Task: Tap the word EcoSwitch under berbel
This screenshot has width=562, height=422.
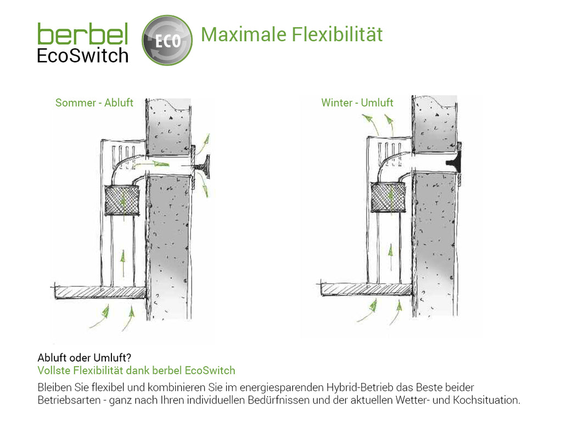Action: pyautogui.click(x=83, y=55)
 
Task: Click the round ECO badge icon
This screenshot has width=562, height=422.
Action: pyautogui.click(x=167, y=40)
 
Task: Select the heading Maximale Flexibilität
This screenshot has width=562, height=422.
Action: pyautogui.click(x=292, y=35)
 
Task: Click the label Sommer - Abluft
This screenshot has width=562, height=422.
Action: pyautogui.click(x=94, y=103)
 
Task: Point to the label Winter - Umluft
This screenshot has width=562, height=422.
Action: pyautogui.click(x=357, y=103)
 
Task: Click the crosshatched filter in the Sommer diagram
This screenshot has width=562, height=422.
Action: pyautogui.click(x=122, y=200)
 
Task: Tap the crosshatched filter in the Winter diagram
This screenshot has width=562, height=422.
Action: pyautogui.click(x=388, y=197)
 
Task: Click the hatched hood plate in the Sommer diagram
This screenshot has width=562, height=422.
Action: pyautogui.click(x=99, y=292)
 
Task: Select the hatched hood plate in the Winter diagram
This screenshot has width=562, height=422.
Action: pyautogui.click(x=366, y=289)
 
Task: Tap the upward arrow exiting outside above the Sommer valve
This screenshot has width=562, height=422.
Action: pyautogui.click(x=204, y=145)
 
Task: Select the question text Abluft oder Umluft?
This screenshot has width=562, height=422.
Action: pyautogui.click(x=84, y=358)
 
